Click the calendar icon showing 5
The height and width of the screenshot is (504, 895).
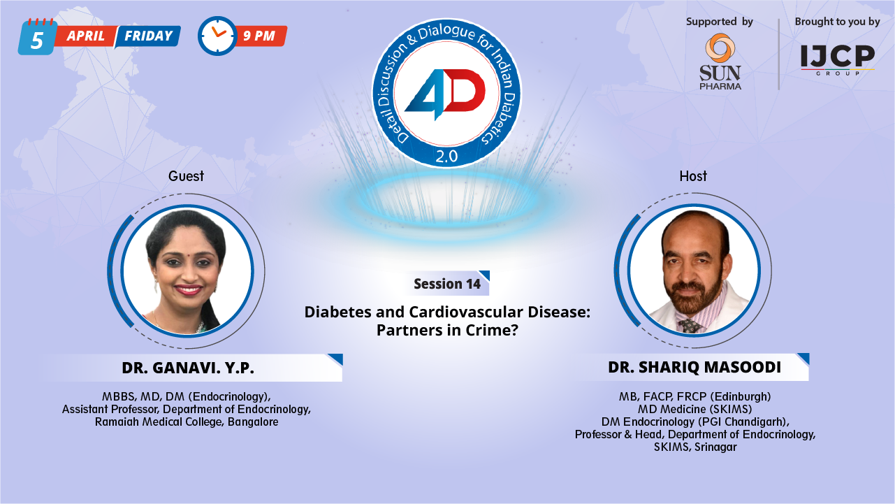pyautogui.click(x=37, y=38)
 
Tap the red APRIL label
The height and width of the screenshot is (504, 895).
pyautogui.click(x=85, y=36)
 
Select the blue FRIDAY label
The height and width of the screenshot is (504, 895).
pyautogui.click(x=148, y=36)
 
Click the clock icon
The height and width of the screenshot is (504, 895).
pyautogui.click(x=217, y=36)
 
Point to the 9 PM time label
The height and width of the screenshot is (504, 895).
pyautogui.click(x=260, y=36)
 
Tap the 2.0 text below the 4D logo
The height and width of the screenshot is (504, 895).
pyautogui.click(x=446, y=157)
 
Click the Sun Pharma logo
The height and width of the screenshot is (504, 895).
pyautogui.click(x=720, y=62)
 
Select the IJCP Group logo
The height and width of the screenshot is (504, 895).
pyautogui.click(x=837, y=59)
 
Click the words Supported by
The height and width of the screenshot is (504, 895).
pyautogui.click(x=720, y=22)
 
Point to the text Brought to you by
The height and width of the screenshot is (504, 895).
pyautogui.click(x=837, y=22)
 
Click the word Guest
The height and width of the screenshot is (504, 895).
pyautogui.click(x=186, y=175)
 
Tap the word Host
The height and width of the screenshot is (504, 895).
pyautogui.click(x=693, y=175)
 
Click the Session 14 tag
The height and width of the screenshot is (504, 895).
pyautogui.click(x=447, y=284)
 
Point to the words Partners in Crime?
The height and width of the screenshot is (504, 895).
pyautogui.click(x=447, y=330)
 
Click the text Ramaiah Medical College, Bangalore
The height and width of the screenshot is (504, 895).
pyautogui.click(x=187, y=422)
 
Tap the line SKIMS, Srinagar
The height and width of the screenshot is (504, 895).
pyautogui.click(x=695, y=447)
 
